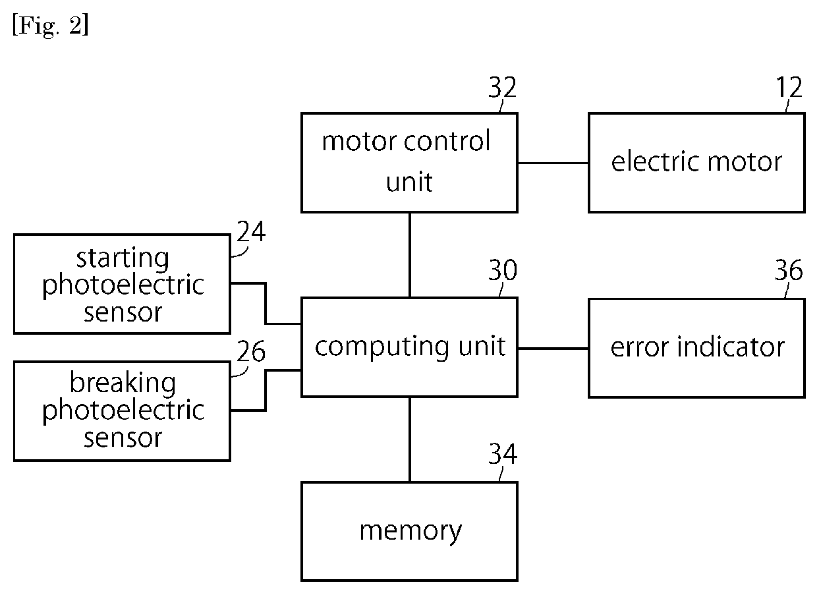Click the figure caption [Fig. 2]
pyautogui.click(x=51, y=26)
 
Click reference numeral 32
pyautogui.click(x=502, y=87)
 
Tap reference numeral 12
pyautogui.click(x=789, y=87)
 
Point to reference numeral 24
pyautogui.click(x=251, y=231)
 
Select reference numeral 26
pyautogui.click(x=251, y=351)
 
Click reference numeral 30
pyautogui.click(x=503, y=270)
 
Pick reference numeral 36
pyautogui.click(x=789, y=270)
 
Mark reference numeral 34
pyautogui.click(x=503, y=454)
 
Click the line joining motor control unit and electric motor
pyautogui.click(x=553, y=163)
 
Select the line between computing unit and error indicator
pyautogui.click(x=553, y=348)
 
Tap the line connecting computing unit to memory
pyautogui.click(x=410, y=439)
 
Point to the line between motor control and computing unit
pyautogui.click(x=410, y=255)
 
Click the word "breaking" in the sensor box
pyautogui.click(x=123, y=383)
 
